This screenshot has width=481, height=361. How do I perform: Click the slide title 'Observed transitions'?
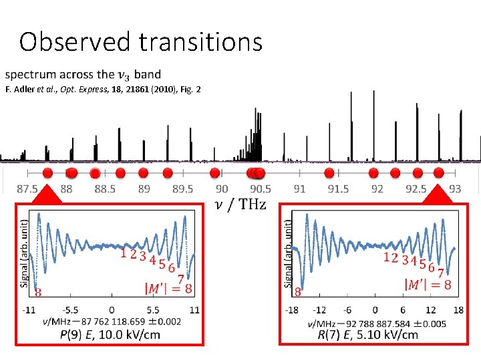[x=140, y=41]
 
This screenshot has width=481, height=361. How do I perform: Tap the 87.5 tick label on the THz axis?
[x=27, y=189]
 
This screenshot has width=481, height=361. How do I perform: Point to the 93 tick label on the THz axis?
[x=455, y=189]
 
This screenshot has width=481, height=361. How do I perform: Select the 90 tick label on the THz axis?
[x=222, y=189]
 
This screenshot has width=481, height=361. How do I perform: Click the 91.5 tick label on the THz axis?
[x=338, y=189]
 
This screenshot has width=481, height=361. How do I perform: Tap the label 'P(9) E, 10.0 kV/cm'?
[x=110, y=334]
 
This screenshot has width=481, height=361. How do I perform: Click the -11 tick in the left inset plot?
[x=29, y=310]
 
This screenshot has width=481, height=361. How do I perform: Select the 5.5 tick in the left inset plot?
[x=152, y=310]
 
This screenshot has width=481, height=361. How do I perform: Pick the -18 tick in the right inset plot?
[x=292, y=310]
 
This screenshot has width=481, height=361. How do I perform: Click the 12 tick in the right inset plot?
[x=430, y=310]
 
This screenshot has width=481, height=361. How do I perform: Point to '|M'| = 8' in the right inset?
[x=428, y=283]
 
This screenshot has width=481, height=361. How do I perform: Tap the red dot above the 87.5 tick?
[x=48, y=173]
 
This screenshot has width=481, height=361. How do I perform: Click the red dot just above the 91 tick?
[x=328, y=173]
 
